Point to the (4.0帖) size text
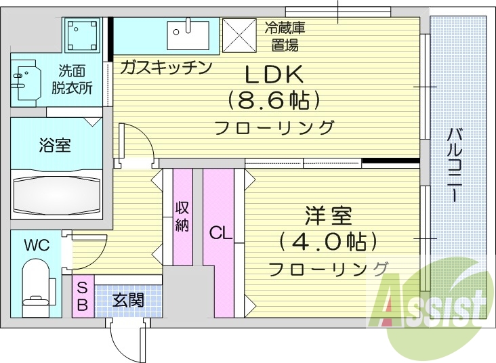(327, 241)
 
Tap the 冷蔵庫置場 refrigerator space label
(285, 37)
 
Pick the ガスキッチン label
(167, 67)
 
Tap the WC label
(37, 245)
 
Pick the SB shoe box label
(82, 296)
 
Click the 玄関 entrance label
(127, 299)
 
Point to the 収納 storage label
(182, 217)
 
